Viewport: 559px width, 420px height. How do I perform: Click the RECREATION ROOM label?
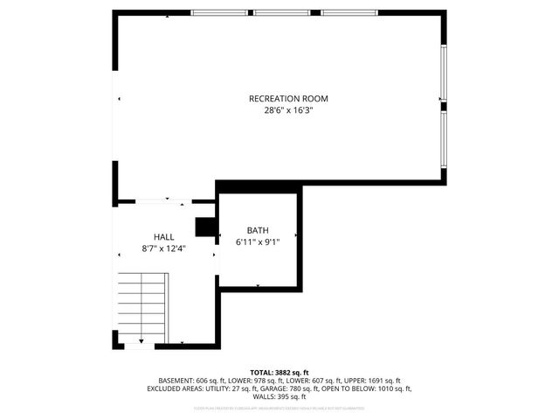288,99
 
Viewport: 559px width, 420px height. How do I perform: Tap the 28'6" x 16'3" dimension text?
288,111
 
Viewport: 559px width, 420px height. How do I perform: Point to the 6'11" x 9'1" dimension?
258,241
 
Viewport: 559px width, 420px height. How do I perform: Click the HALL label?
164,237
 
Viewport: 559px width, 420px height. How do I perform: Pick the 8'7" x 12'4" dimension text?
164,249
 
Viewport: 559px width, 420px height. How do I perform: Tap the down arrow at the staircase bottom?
141,338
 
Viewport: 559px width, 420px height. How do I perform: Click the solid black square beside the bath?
206,227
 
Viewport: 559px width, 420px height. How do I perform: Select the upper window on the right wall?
444,73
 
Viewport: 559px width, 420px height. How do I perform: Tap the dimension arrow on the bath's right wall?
297,235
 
